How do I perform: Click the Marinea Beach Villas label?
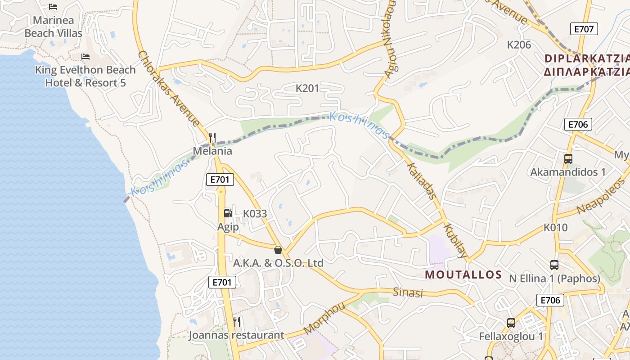(53, 27)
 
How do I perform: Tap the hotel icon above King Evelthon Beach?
(85, 57)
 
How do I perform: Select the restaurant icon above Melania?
(212, 137)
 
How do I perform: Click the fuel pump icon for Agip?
(228, 213)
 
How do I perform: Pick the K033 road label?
(255, 214)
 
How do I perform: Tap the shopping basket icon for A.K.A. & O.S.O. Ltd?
(278, 250)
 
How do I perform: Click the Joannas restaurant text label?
(236, 335)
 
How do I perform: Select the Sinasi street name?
(408, 292)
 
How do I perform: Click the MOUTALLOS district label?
(463, 274)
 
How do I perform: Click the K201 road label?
(307, 88)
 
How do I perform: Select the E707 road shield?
(584, 29)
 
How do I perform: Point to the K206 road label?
(519, 45)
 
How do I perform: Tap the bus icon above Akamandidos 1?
(568, 159)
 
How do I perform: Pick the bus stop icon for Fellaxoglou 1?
(511, 323)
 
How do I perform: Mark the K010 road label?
(555, 228)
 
